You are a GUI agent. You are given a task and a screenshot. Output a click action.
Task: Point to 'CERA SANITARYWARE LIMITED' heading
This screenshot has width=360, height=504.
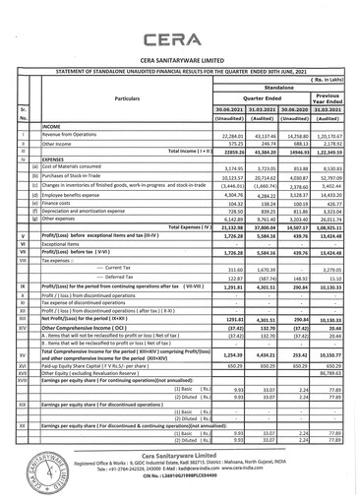[180, 63]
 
